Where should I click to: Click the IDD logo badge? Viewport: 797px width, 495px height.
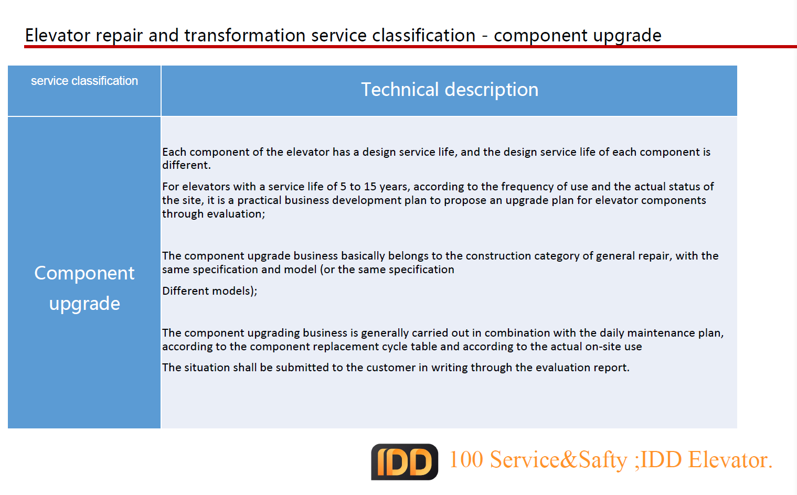coord(405,461)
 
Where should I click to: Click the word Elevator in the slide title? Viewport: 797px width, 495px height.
coord(58,35)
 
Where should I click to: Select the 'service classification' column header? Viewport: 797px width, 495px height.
coord(84,81)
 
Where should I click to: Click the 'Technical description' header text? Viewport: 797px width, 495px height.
coord(450,89)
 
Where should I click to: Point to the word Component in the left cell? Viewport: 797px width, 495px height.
coord(84,273)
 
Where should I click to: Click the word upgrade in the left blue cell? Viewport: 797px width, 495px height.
coord(84,304)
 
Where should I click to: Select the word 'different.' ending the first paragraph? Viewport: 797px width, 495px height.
coord(186,165)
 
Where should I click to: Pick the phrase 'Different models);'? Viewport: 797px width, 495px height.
coord(209,291)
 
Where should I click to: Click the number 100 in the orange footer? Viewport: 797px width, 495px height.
coord(466,459)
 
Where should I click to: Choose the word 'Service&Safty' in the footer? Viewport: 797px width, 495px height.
coord(558,460)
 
